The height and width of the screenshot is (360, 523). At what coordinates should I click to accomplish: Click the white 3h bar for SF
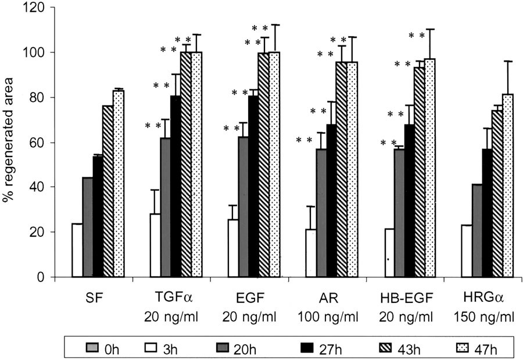[x=77, y=250]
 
